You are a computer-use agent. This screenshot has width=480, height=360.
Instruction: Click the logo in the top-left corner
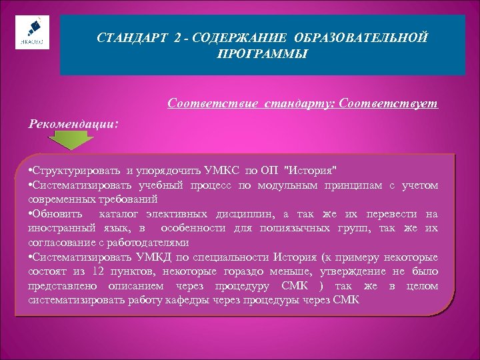click(29, 31)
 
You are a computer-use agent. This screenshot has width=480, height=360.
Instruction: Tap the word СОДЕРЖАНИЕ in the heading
click(225, 39)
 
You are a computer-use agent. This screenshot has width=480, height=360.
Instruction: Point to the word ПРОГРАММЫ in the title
click(263, 53)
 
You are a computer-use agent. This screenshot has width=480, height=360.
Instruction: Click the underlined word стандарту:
click(301, 104)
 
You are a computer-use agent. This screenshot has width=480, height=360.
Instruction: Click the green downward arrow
click(73, 140)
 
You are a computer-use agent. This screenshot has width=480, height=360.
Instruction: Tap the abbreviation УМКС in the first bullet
click(227, 171)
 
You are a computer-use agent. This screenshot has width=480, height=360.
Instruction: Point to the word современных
click(59, 199)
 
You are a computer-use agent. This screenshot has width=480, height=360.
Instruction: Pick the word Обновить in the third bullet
click(57, 214)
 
